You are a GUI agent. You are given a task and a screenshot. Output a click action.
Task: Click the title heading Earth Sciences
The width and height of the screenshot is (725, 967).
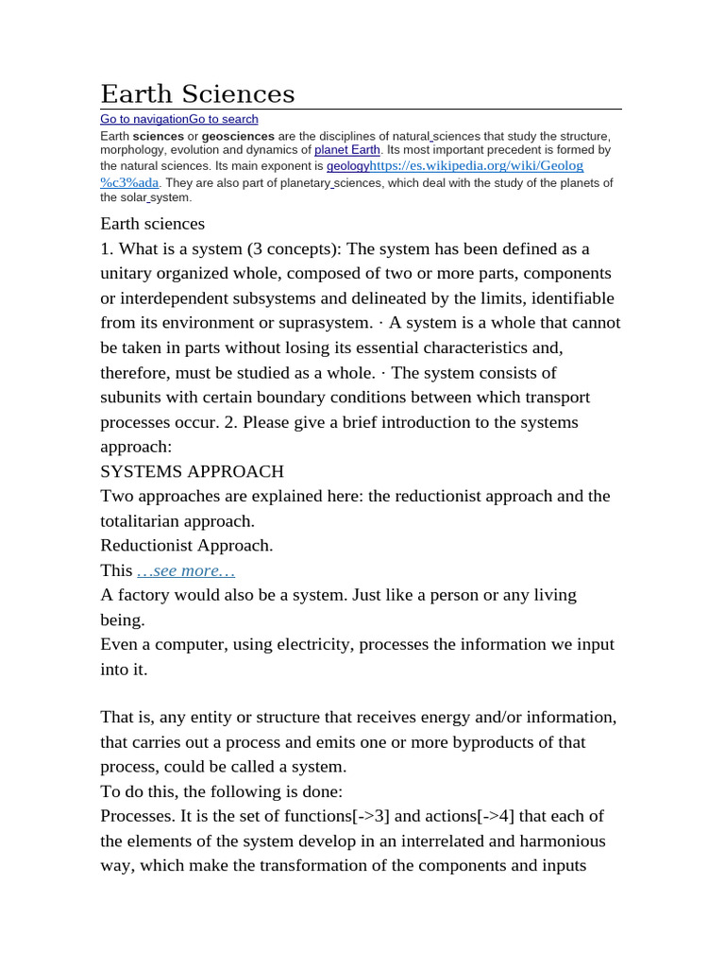pyautogui.click(x=197, y=93)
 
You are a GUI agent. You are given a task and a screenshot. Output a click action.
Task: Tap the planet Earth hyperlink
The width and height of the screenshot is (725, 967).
pyautogui.click(x=347, y=149)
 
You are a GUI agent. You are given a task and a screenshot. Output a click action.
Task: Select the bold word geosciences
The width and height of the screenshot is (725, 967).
pyautogui.click(x=238, y=136)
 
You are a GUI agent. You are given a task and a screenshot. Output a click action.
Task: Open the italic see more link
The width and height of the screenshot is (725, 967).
pyautogui.click(x=185, y=570)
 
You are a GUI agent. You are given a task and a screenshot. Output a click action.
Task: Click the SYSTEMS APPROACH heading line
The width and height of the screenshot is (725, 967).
pyautogui.click(x=192, y=471)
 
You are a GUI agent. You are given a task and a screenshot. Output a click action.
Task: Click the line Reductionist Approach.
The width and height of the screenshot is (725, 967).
pyautogui.click(x=186, y=545)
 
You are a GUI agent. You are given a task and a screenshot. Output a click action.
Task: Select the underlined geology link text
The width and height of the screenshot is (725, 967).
pyautogui.click(x=347, y=165)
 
